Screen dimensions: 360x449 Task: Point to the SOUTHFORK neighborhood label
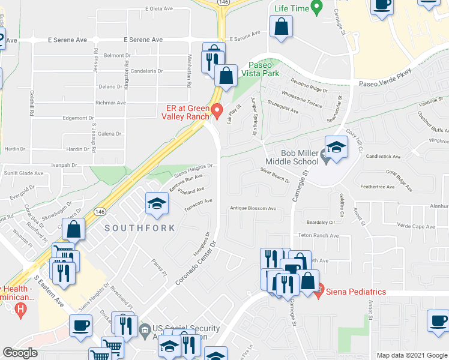click(140, 228)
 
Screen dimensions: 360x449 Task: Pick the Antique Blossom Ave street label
click(253, 209)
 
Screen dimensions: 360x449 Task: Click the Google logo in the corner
click(20, 353)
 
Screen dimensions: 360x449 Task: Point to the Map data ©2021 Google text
click(411, 355)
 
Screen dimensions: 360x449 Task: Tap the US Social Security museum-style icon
click(144, 329)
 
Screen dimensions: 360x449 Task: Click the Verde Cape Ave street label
click(415, 226)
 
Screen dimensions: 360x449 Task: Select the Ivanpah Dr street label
click(64, 164)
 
